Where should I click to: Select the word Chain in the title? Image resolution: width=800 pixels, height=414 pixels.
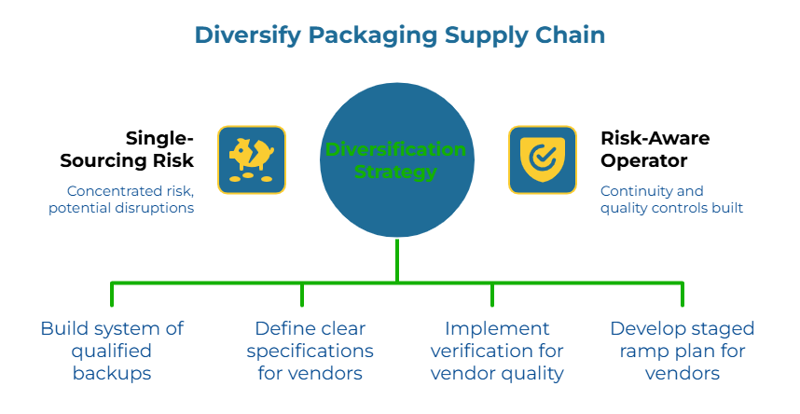pyautogui.click(x=570, y=35)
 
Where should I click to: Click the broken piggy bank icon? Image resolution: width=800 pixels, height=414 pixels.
pyautogui.click(x=252, y=159)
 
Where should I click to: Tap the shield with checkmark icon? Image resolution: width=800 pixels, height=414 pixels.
pyautogui.click(x=542, y=159)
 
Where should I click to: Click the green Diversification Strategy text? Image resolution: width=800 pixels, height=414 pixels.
pyautogui.click(x=395, y=160)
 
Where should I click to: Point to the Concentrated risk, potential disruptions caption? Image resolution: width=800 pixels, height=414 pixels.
pyautogui.click(x=121, y=200)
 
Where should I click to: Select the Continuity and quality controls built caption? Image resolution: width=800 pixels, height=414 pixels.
pyautogui.click(x=670, y=200)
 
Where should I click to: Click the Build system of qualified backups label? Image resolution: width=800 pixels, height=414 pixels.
pyautogui.click(x=112, y=351)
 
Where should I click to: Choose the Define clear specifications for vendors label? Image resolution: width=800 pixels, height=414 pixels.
pyautogui.click(x=310, y=351)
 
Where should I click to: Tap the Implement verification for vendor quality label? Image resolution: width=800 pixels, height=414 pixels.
pyautogui.click(x=496, y=351)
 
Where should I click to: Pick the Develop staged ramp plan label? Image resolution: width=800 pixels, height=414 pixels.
pyautogui.click(x=682, y=351)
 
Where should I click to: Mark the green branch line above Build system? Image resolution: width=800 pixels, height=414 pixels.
pyautogui.click(x=112, y=294)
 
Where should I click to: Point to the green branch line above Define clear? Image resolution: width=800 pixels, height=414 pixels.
pyautogui.click(x=302, y=294)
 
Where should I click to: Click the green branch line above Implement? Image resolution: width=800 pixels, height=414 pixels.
pyautogui.click(x=492, y=294)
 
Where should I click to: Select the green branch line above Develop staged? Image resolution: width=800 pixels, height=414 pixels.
pyautogui.click(x=683, y=294)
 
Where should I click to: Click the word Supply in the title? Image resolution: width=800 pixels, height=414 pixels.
pyautogui.click(x=476, y=35)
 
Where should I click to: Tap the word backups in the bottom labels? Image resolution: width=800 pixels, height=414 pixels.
pyautogui.click(x=112, y=373)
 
